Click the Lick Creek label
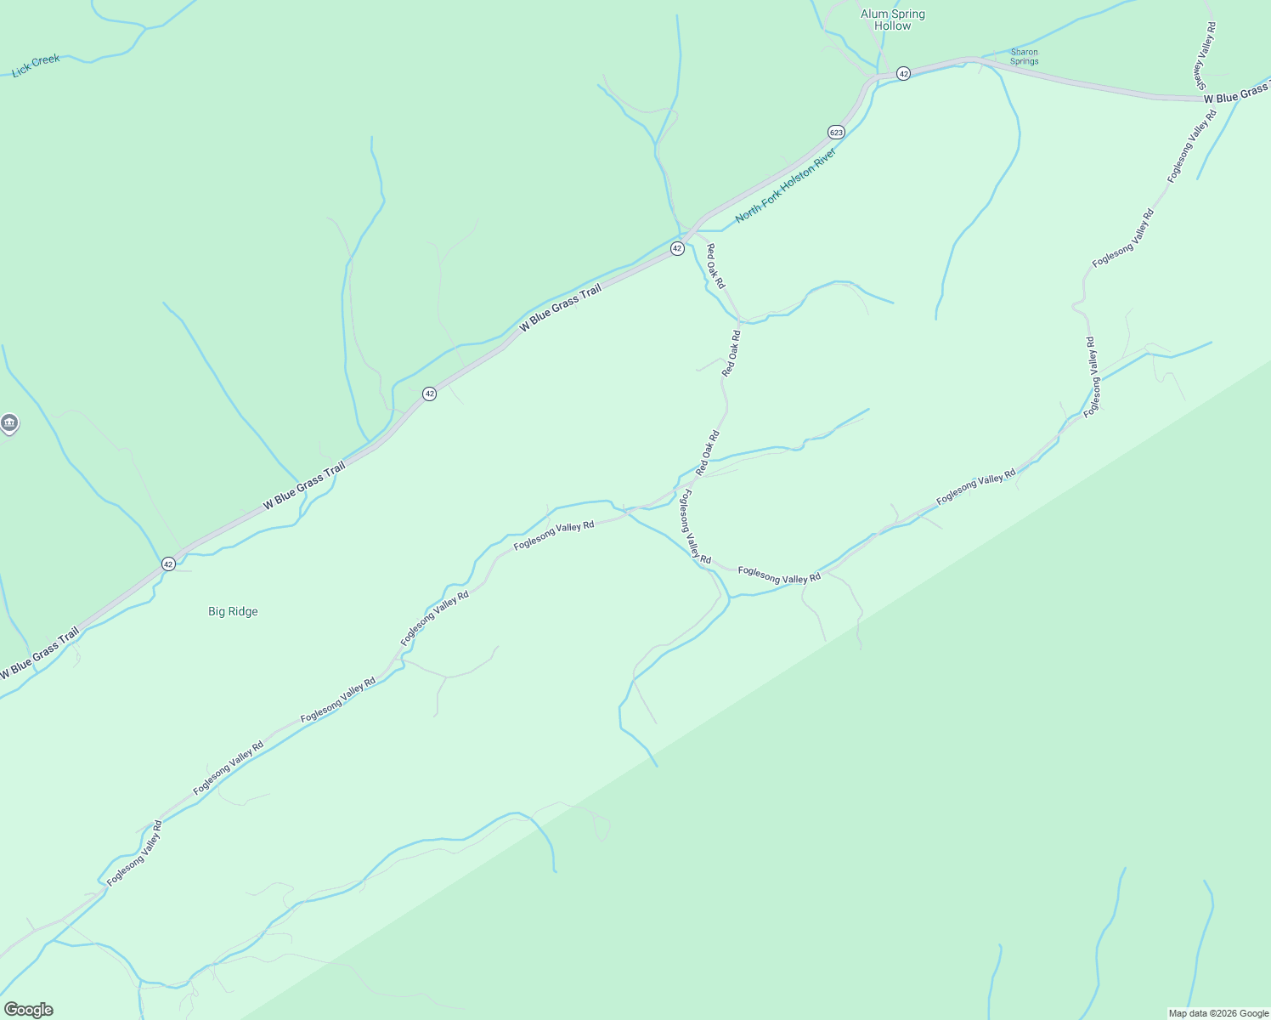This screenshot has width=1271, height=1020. point(37,65)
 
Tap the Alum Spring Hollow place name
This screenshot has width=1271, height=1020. point(892,20)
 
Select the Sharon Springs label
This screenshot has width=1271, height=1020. point(1024,56)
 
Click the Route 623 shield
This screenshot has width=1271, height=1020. point(836,132)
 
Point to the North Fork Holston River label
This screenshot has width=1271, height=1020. point(786,185)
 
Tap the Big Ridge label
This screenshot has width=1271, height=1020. point(233,611)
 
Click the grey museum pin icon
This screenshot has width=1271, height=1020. point(9,422)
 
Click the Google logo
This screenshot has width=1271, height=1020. point(29,1010)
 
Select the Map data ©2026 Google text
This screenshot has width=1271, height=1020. point(1217,1013)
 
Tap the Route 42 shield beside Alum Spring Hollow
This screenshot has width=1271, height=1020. point(903,74)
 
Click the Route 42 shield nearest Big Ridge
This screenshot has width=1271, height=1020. point(168,564)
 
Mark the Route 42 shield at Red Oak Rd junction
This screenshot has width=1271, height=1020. point(676,248)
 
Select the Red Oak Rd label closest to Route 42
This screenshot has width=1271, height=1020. point(715,266)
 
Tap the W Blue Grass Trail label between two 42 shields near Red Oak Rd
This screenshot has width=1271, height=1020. point(561,308)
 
